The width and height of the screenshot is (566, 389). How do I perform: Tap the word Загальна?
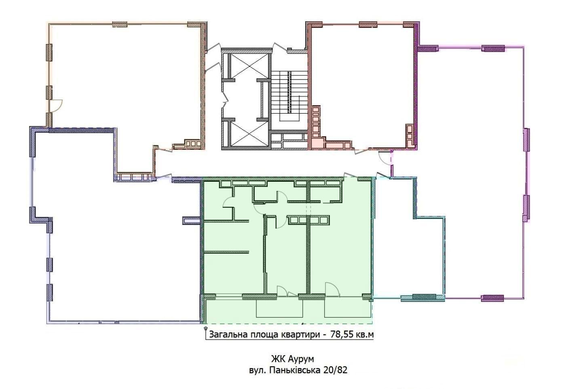click(228, 335)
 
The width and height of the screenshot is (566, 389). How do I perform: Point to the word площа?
click(264, 335)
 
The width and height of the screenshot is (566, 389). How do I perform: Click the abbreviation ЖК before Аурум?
click(277, 359)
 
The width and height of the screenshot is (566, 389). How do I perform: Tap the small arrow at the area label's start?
click(204, 328)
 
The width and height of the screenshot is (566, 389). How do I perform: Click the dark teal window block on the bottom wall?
click(424, 297)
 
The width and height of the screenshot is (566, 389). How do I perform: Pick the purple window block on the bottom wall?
click(492, 299)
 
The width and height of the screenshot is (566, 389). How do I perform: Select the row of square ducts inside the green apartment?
click(308, 220)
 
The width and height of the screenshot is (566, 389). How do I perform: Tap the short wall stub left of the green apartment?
click(192, 221)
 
